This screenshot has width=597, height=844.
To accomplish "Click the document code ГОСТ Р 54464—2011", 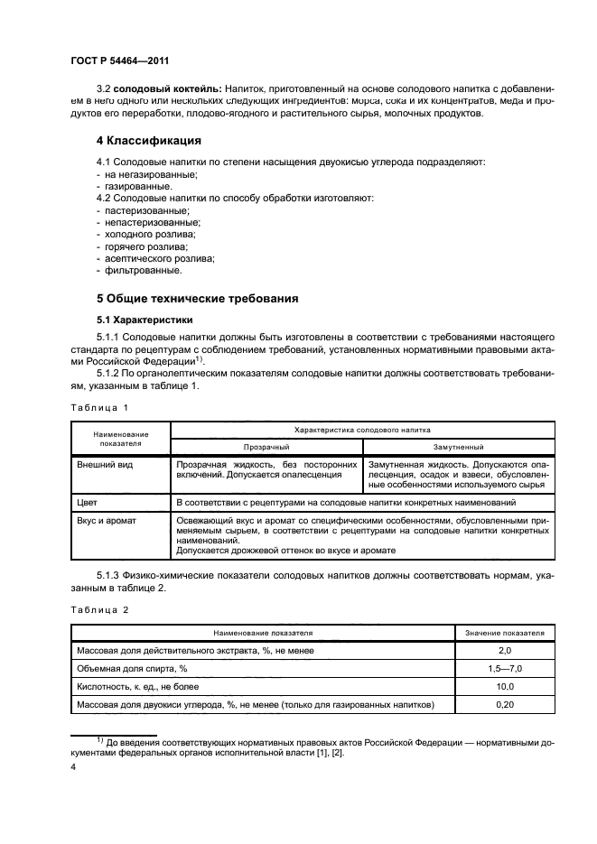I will [x=120, y=60].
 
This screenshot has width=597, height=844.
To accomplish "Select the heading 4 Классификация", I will [x=149, y=141].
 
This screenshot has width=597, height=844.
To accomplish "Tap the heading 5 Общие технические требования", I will [x=197, y=298].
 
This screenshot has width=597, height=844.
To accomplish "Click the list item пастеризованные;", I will [x=141, y=209].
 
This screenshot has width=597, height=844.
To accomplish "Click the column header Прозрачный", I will [x=266, y=446].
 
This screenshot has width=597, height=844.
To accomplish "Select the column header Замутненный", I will [x=458, y=446].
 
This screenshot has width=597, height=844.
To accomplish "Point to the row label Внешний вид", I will [x=101, y=463].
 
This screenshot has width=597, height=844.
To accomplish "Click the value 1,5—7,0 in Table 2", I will [x=505, y=669].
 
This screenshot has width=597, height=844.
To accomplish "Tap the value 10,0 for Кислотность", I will [x=505, y=686].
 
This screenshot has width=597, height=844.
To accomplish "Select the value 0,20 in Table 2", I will [x=505, y=704].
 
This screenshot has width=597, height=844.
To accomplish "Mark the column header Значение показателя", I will [x=505, y=634].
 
